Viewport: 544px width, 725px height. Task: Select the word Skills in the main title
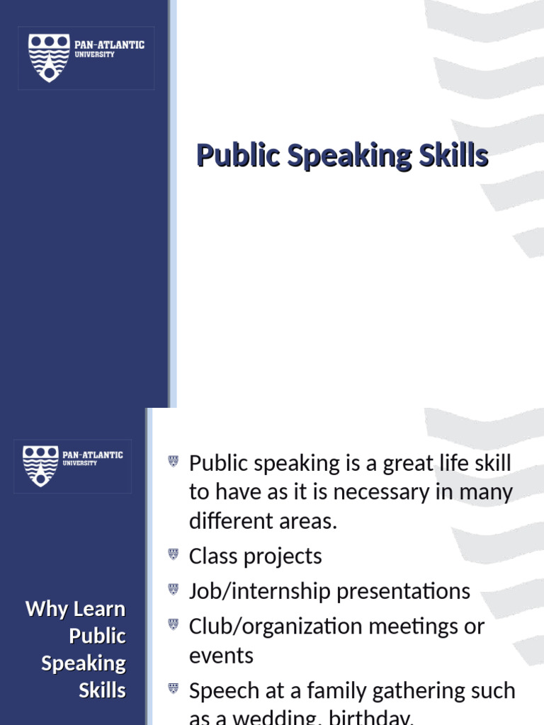click(453, 156)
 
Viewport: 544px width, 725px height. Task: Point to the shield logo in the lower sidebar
click(40, 465)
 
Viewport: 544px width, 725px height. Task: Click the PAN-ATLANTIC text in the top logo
click(110, 45)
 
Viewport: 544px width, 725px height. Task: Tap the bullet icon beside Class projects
click(174, 554)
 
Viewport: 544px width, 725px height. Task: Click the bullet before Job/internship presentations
click(174, 588)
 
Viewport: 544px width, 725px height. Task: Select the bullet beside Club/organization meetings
click(174, 624)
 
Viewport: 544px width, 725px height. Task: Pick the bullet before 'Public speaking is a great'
click(174, 462)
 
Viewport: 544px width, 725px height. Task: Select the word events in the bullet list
click(221, 656)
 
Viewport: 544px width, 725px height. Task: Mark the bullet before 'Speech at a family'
click(174, 687)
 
